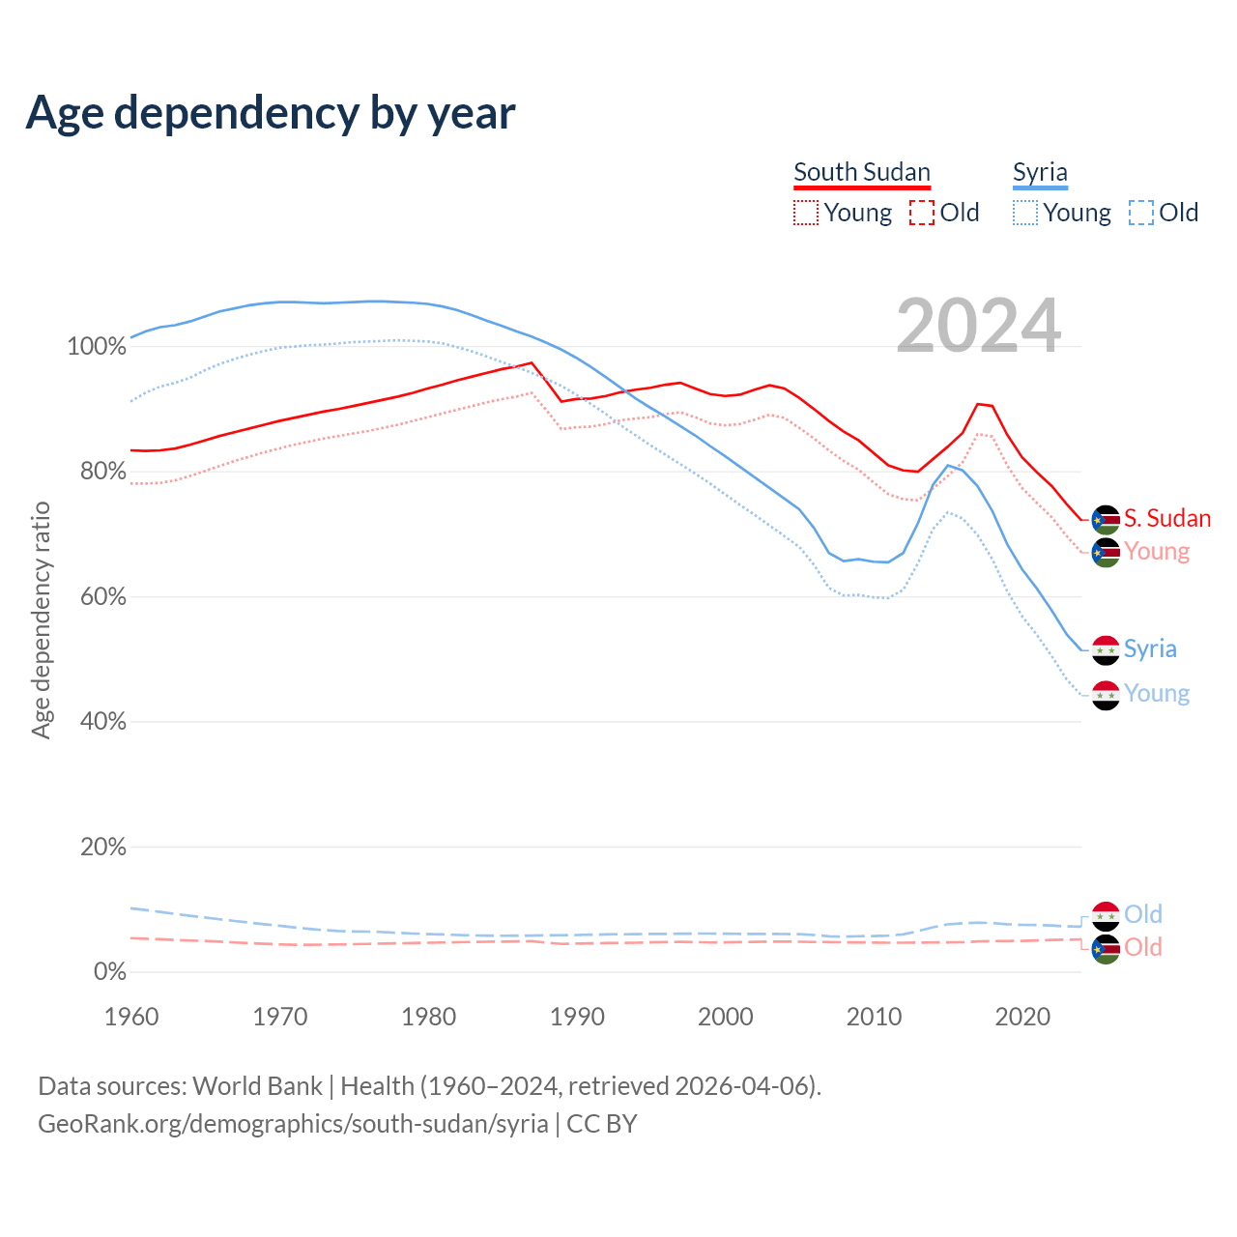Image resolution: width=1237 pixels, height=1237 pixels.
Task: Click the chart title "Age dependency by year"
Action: [271, 113]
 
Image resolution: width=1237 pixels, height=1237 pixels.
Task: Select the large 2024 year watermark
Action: [978, 326]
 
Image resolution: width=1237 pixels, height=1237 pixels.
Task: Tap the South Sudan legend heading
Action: [861, 172]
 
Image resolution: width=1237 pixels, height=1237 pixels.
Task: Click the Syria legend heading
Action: [1040, 172]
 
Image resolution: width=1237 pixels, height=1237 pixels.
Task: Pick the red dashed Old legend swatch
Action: [922, 213]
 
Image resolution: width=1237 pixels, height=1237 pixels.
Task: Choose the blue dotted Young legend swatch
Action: [1025, 213]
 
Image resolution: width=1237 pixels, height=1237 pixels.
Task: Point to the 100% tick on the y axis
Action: [97, 347]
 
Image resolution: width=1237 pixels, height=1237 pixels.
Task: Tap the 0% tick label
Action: [109, 972]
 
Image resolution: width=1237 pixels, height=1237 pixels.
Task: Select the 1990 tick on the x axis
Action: [577, 1017]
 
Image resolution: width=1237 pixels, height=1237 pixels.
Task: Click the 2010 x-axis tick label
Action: [874, 1017]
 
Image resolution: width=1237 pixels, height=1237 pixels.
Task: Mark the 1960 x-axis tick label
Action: [131, 1017]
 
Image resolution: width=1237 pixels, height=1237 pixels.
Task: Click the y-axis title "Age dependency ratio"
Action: [41, 619]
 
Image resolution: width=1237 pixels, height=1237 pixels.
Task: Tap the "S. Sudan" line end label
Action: [1167, 519]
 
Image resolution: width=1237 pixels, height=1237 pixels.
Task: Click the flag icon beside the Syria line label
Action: [1106, 650]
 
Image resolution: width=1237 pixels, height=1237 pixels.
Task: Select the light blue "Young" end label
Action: [1157, 694]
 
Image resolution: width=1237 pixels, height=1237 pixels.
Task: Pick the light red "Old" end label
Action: [1143, 947]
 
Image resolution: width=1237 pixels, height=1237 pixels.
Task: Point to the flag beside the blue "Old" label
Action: [1106, 915]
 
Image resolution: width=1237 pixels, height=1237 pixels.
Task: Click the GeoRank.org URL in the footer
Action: [293, 1124]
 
